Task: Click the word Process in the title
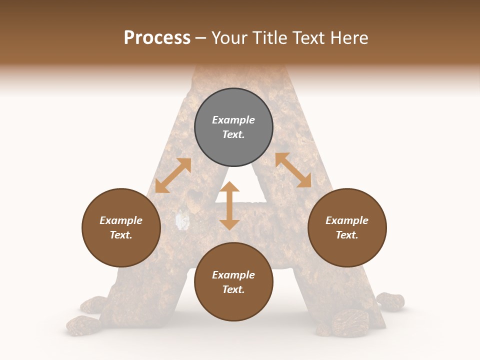click(x=157, y=38)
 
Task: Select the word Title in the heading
click(x=268, y=38)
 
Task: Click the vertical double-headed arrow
click(x=229, y=206)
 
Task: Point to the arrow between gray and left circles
click(x=173, y=175)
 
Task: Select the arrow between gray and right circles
click(x=293, y=170)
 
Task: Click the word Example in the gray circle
click(x=233, y=120)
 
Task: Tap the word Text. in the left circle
click(x=121, y=235)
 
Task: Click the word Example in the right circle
click(x=347, y=220)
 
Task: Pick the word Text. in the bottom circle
click(x=233, y=289)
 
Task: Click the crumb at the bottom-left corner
click(x=83, y=325)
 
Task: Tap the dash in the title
click(x=200, y=38)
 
